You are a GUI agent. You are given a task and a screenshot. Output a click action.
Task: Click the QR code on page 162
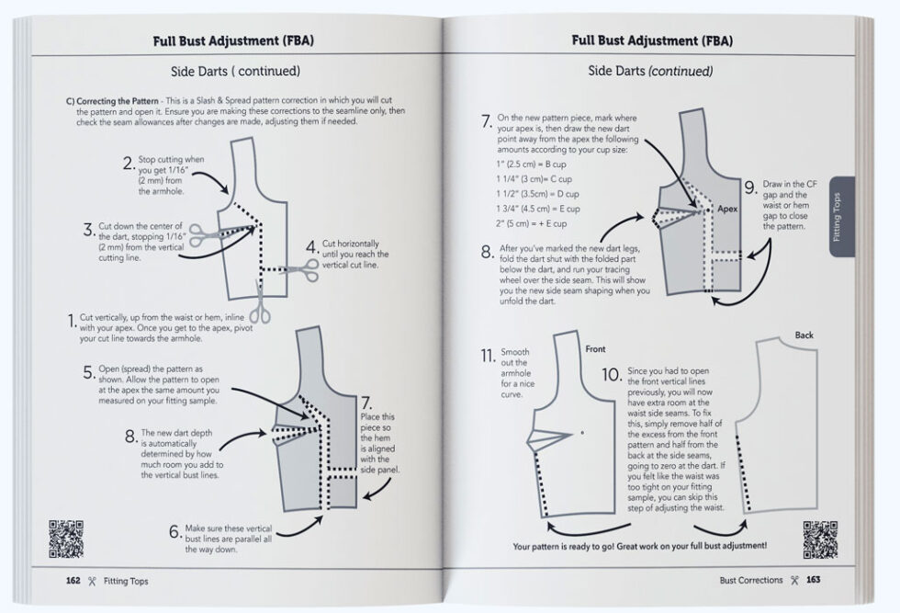[x=66, y=539]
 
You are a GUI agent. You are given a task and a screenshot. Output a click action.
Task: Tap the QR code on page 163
[x=820, y=539]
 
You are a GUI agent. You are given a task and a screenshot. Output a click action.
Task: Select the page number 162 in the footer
[x=73, y=581]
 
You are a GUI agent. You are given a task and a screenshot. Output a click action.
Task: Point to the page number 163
[x=814, y=581]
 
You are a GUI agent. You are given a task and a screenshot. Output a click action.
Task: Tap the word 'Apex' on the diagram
[x=728, y=210]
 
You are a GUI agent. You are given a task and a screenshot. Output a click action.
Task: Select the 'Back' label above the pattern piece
[x=804, y=335]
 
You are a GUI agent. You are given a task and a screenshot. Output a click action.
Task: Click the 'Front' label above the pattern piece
[x=595, y=349]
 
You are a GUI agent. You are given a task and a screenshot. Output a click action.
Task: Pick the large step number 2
[x=129, y=165]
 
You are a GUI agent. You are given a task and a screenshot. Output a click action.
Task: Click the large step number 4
[x=312, y=247]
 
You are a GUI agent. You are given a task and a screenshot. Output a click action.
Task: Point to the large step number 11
[x=486, y=356]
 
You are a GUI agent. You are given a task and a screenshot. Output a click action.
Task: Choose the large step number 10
[x=612, y=374]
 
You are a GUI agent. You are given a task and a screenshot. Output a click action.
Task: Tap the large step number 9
[x=750, y=187]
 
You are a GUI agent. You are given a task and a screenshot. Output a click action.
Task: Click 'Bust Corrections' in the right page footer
[x=751, y=581]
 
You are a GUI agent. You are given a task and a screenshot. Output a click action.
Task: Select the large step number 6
[x=174, y=532]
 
